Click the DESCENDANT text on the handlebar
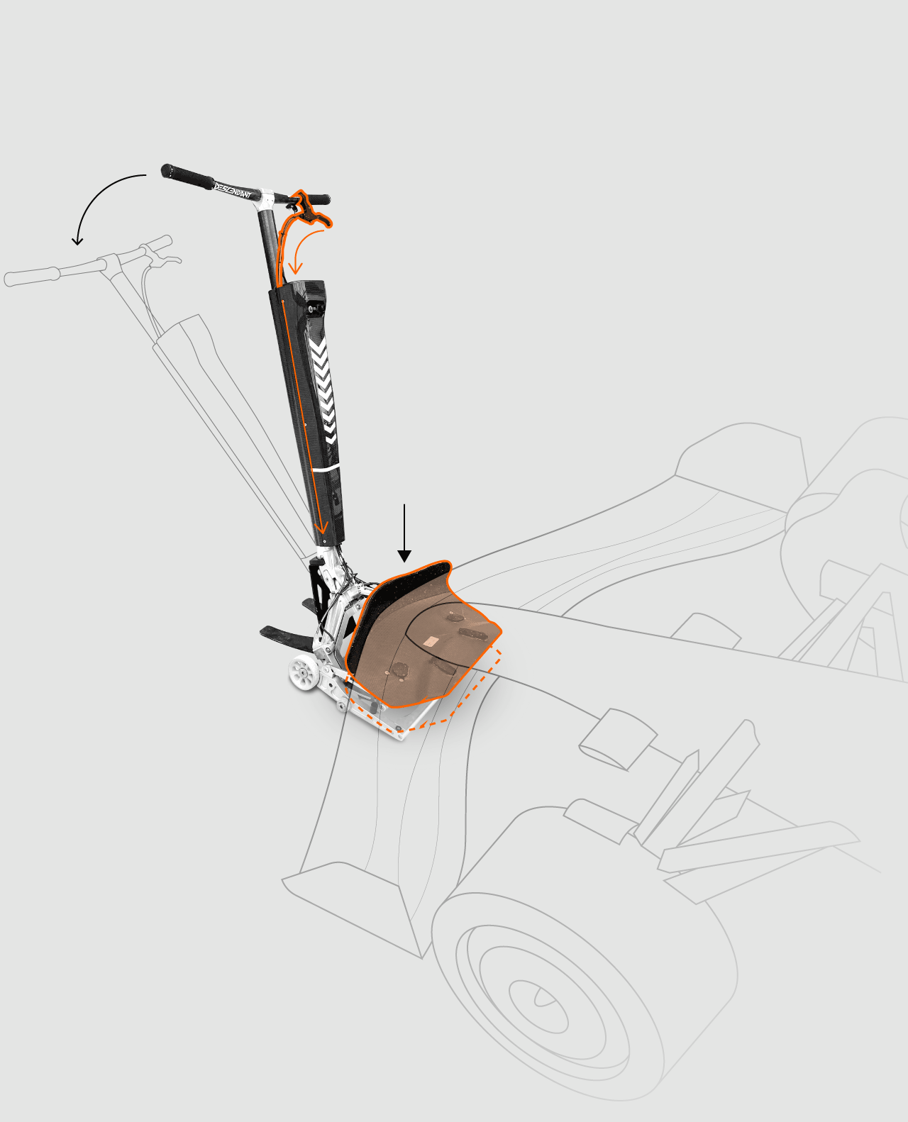click(232, 190)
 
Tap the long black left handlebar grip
click(187, 177)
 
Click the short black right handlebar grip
click(318, 199)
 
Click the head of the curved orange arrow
click(296, 268)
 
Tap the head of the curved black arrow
click(77, 240)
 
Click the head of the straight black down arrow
click(404, 556)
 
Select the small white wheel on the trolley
click(304, 672)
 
